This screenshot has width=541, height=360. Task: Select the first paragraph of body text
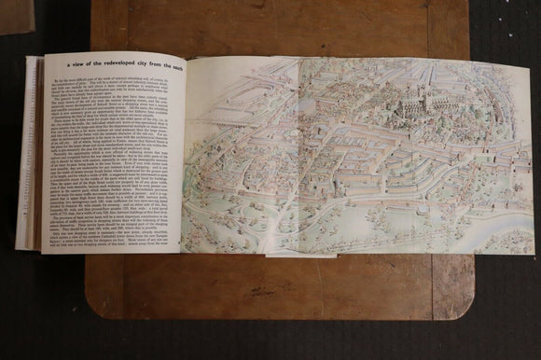(121, 89)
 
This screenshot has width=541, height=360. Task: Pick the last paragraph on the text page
(121, 235)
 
